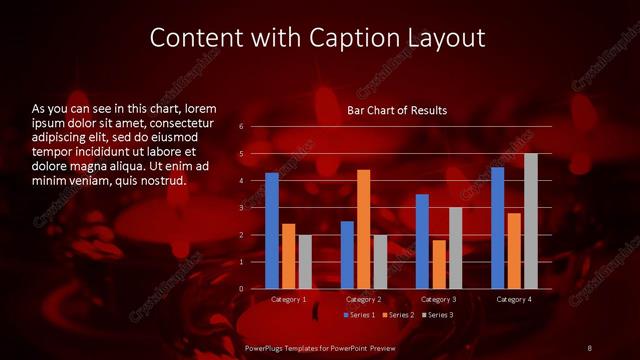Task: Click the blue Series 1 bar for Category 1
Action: click(272, 231)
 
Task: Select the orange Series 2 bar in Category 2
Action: click(363, 229)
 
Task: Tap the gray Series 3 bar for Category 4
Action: click(530, 221)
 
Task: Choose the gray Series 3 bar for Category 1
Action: click(305, 262)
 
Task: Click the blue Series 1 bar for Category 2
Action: click(347, 255)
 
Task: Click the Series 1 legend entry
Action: click(361, 315)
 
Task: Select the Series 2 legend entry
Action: click(399, 315)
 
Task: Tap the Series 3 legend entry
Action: click(437, 315)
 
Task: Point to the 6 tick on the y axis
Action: click(241, 127)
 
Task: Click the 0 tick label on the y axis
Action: click(241, 289)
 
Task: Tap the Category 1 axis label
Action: click(289, 300)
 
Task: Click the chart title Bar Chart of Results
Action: click(397, 110)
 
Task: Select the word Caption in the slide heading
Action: click(366, 38)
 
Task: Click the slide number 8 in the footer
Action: click(589, 347)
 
